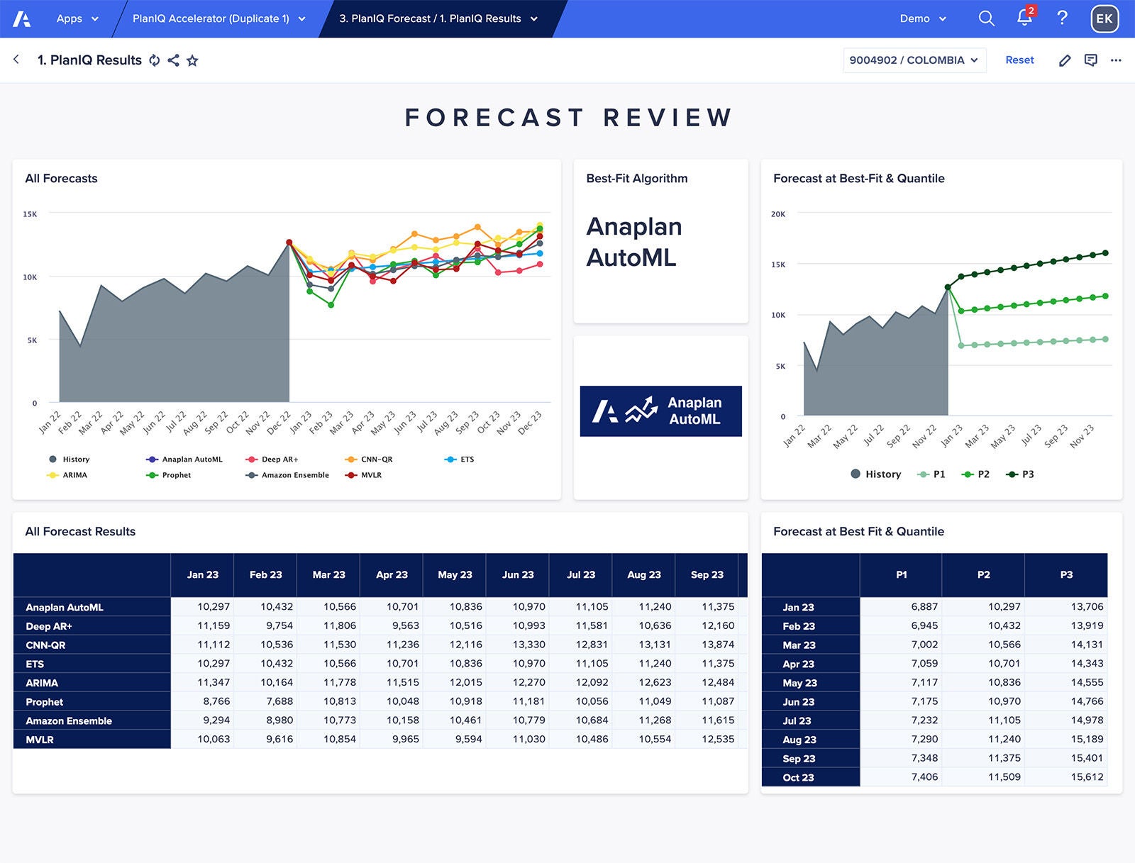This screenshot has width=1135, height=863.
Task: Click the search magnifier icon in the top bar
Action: click(x=986, y=18)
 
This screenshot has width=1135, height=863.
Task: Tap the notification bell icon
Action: click(x=1024, y=18)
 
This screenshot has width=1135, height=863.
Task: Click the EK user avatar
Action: click(x=1104, y=18)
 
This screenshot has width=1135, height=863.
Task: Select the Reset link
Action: click(x=1019, y=60)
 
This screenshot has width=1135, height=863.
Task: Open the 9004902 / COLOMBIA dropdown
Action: click(x=914, y=60)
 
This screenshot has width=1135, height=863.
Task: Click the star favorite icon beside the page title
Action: click(x=192, y=61)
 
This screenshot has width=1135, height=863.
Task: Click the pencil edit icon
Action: click(x=1065, y=60)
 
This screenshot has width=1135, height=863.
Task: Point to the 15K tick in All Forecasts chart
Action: click(x=30, y=214)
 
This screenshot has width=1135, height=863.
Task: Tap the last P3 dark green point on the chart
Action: click(x=1105, y=253)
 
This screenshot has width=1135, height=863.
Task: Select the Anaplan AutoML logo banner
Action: click(x=660, y=411)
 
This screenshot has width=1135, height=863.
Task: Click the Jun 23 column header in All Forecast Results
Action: click(x=518, y=575)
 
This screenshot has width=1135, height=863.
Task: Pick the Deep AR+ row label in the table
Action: click(x=49, y=626)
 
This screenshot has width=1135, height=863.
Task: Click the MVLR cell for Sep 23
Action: click(x=717, y=739)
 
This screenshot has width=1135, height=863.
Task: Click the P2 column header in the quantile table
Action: click(x=983, y=575)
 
